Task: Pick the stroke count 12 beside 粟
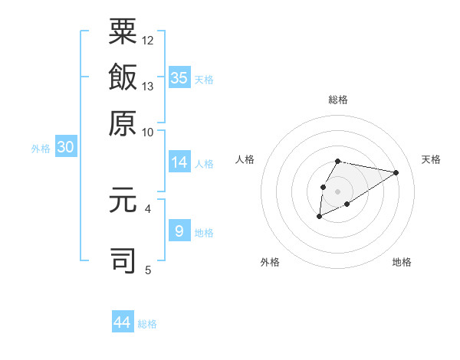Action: (148, 40)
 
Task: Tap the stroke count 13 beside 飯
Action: (148, 86)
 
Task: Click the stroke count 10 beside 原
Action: (148, 132)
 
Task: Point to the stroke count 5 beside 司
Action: (147, 269)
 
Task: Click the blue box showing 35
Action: (179, 77)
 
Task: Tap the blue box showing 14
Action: (179, 162)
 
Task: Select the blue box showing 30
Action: (65, 148)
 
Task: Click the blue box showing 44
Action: (123, 322)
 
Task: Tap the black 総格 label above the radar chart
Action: (338, 100)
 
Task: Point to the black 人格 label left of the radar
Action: (245, 159)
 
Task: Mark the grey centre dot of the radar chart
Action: (338, 191)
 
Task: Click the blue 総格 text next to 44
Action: (147, 324)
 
